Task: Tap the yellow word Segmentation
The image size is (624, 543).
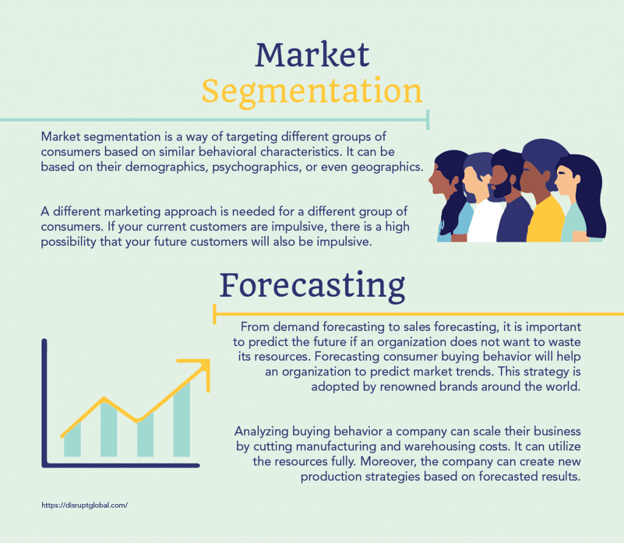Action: pyautogui.click(x=311, y=91)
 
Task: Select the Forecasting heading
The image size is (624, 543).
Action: pyautogui.click(x=313, y=286)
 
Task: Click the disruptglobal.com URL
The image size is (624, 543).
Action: pyautogui.click(x=85, y=505)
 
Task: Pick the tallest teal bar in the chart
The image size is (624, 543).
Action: pyautogui.click(x=182, y=419)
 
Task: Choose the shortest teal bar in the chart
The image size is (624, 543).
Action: pyautogui.click(x=73, y=440)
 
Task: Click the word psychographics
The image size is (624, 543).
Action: pyautogui.click(x=255, y=167)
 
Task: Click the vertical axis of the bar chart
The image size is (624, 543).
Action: pyautogui.click(x=44, y=402)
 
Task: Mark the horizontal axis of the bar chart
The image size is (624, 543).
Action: pyautogui.click(x=121, y=465)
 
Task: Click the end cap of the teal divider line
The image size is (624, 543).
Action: pyautogui.click(x=428, y=120)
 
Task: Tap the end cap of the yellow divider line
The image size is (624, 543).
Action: pyautogui.click(x=215, y=314)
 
